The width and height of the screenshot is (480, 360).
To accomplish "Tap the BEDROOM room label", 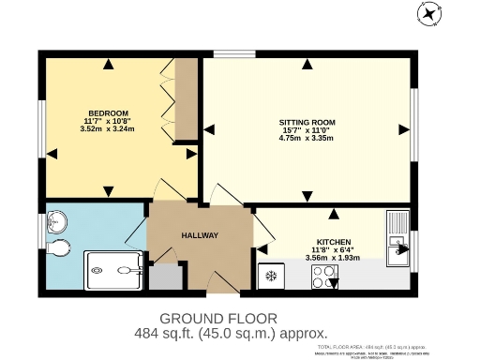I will click(109, 112).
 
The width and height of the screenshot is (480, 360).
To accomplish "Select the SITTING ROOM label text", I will click(307, 123).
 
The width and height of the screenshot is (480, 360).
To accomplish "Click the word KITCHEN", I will click(333, 241).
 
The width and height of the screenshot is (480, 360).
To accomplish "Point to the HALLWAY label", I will click(200, 235).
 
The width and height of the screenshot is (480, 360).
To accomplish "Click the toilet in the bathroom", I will click(60, 247).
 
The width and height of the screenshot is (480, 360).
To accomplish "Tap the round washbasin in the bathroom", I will click(57, 221).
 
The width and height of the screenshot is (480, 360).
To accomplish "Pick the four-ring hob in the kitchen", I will click(325, 277).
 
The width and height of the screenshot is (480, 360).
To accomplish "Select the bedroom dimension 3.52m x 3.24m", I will click(109, 129).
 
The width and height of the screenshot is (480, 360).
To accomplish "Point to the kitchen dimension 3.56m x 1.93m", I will click(333, 257).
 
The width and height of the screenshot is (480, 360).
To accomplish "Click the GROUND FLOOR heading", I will click(218, 318).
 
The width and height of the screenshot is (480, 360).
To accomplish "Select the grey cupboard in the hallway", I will click(165, 277).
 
